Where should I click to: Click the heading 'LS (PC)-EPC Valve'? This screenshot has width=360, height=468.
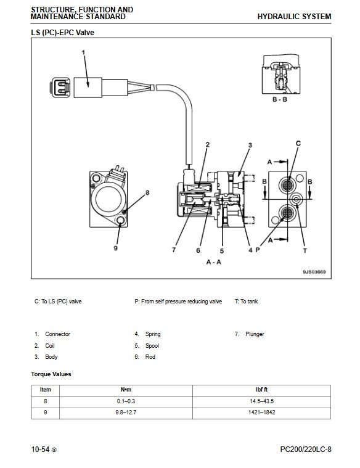[62, 32]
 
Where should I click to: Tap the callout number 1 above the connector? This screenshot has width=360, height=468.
[84, 52]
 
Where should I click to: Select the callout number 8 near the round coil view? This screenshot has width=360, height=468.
[147, 193]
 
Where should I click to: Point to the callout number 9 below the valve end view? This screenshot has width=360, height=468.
[116, 248]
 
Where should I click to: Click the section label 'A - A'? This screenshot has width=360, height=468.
[214, 262]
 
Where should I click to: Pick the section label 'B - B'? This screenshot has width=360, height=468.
[280, 99]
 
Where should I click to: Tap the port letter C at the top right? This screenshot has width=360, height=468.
[298, 144]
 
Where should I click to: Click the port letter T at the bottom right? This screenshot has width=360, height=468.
[305, 251]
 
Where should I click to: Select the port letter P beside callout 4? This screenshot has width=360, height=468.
[258, 250]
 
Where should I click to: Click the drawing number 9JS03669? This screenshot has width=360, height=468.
[314, 272]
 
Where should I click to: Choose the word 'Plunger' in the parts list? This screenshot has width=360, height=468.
[255, 334]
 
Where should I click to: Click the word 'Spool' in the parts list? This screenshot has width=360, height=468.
[152, 346]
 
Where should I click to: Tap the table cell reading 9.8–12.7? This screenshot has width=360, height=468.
[126, 413]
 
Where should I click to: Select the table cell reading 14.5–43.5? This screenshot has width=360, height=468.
[262, 401]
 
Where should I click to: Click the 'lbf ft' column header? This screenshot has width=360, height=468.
[262, 390]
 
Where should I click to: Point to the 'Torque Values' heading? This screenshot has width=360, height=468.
[51, 374]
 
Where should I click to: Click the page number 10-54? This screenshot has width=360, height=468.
[40, 450]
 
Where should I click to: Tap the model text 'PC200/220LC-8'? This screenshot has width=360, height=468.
[306, 450]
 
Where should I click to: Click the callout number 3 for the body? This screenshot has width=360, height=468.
[250, 146]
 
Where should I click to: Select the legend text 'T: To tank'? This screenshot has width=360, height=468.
[247, 302]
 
